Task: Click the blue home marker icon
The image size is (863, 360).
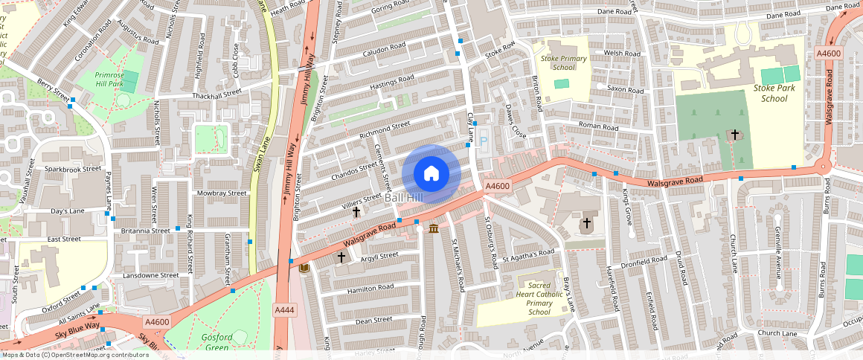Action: click(x=431, y=174)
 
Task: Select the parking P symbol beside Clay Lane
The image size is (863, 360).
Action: click(x=483, y=141)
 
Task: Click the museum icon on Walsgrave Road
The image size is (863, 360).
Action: click(x=433, y=227)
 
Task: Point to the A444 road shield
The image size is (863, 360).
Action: click(x=283, y=309)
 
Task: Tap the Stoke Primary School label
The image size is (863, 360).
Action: click(x=564, y=62)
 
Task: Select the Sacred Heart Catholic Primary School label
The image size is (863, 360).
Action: click(x=539, y=298)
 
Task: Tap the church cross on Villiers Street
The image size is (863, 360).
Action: click(x=356, y=212)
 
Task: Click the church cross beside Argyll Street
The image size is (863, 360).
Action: click(x=341, y=257)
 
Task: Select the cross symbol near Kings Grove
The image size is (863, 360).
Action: click(x=586, y=222)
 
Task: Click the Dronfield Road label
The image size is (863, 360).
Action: click(x=644, y=261)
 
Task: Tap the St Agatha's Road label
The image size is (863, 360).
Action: click(x=528, y=256)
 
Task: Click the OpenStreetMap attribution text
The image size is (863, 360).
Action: click(x=75, y=355)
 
